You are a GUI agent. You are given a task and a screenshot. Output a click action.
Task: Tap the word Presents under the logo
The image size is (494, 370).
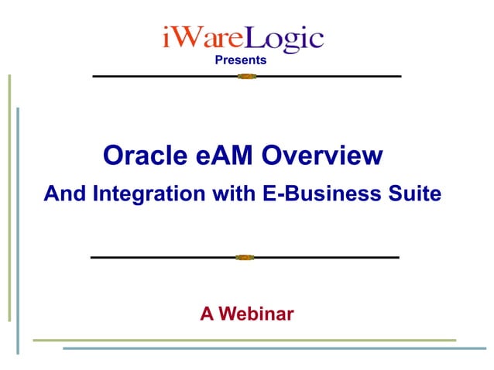[240, 60]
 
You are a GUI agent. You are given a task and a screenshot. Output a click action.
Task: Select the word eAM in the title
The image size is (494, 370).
[224, 156]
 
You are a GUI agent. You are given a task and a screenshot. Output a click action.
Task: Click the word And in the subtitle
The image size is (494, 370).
[64, 194]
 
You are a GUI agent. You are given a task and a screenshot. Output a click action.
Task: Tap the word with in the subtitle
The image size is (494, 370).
[231, 194]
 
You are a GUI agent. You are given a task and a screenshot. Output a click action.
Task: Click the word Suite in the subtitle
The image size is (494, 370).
[416, 194]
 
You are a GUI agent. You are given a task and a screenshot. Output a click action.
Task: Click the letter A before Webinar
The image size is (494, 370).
[207, 313]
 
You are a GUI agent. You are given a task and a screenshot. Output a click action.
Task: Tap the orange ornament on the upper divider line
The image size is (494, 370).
[246, 77]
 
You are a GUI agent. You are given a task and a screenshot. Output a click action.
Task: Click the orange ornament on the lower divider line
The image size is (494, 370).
[245, 257]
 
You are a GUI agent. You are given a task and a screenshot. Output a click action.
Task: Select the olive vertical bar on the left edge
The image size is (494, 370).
[9, 197]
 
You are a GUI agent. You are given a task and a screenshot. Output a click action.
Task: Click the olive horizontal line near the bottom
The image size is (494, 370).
[244, 340]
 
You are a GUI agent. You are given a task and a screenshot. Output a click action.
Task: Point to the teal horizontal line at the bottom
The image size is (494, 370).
[276, 348]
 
